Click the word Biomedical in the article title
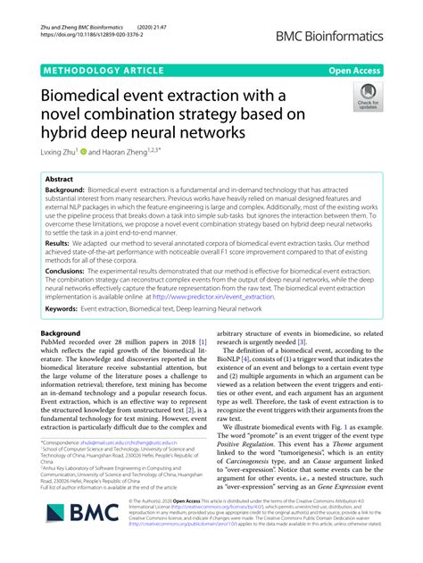click(88, 96)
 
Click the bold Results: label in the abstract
click(58, 242)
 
